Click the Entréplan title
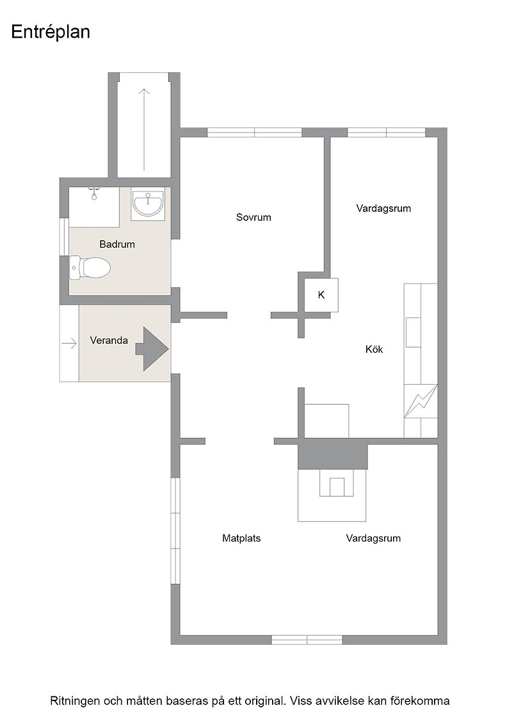(x=51, y=32)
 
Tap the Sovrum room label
(x=253, y=217)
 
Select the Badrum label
(x=117, y=244)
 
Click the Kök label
(x=374, y=350)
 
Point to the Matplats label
(x=241, y=538)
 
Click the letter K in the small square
(x=321, y=295)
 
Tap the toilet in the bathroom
(x=90, y=268)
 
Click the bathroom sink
(x=148, y=204)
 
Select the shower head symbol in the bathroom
(x=94, y=193)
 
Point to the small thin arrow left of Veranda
(x=69, y=343)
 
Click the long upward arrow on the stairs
(x=144, y=129)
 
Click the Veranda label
(x=109, y=341)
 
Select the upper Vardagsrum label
(x=383, y=209)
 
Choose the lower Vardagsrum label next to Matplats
(x=373, y=538)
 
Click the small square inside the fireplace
(x=337, y=487)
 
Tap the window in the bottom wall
(x=307, y=640)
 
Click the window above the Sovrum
(x=255, y=133)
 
